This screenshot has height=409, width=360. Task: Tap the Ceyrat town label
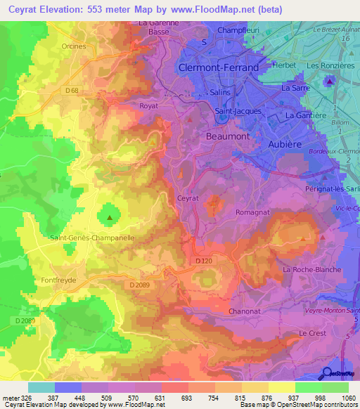tap(188, 199)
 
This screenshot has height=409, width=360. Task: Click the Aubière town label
tap(288, 143)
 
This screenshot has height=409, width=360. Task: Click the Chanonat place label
tap(245, 311)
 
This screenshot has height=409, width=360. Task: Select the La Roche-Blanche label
tap(311, 270)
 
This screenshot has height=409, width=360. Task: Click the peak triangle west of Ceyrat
tap(109, 218)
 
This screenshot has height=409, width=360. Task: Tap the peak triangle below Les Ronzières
tap(330, 83)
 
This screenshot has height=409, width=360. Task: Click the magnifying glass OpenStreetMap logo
tap(326, 373)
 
